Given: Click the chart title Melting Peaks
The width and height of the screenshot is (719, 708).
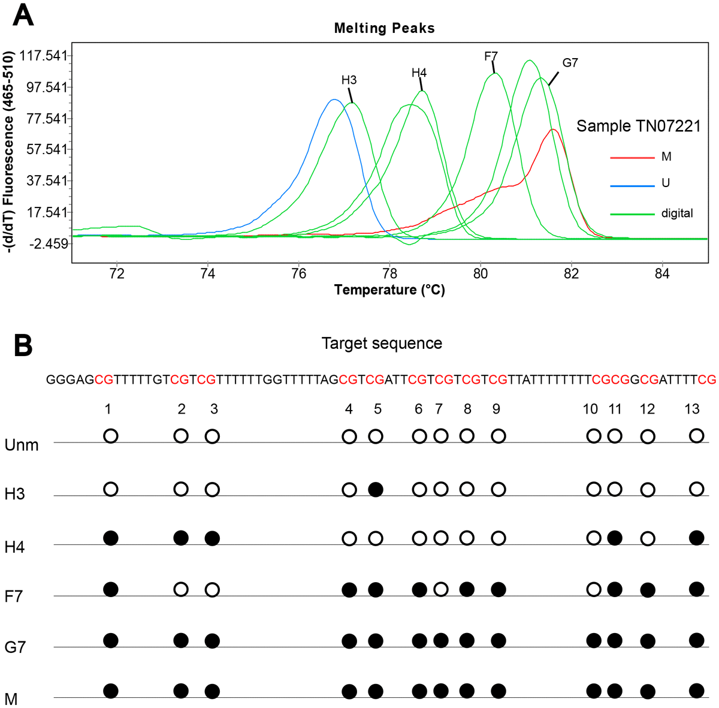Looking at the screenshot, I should click(384, 28).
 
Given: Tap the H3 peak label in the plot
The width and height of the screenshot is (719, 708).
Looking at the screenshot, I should click(349, 80).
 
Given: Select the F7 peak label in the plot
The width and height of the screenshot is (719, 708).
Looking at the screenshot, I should click(491, 57).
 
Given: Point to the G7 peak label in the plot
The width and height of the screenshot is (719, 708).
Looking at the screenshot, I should click(570, 63).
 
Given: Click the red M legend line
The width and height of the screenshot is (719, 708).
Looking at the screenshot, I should click(632, 157).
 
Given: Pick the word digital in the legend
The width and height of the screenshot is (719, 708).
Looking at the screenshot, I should click(677, 213).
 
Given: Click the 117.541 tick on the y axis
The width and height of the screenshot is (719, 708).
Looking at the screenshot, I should click(43, 56).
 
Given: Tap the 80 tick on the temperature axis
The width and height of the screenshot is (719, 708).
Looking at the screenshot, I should click(480, 274).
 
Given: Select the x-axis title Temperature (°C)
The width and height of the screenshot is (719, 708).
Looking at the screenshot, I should click(389, 290).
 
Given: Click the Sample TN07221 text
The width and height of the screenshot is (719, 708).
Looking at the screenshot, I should click(638, 126).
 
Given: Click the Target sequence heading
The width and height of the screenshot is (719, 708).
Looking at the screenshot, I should click(382, 344).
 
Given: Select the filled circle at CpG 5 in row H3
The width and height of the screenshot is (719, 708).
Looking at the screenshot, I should click(376, 489).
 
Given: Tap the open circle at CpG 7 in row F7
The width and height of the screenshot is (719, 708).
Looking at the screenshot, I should click(440, 589).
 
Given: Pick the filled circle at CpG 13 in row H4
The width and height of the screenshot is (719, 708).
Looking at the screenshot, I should click(696, 538).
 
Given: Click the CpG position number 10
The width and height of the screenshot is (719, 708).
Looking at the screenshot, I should click(590, 409).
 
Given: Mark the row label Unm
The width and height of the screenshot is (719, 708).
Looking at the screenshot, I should click(22, 445).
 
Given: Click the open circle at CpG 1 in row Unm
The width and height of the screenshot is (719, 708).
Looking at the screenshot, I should click(110, 436).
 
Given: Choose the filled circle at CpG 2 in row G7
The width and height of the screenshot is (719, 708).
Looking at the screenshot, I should click(181, 640).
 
